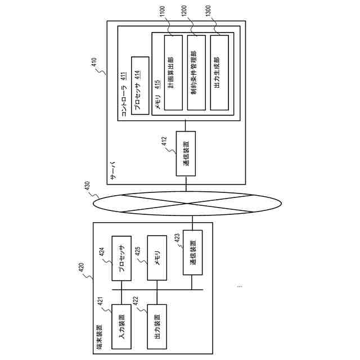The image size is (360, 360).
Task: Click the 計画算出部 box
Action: click(x=173, y=72)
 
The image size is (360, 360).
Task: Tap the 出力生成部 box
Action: click(x=219, y=72)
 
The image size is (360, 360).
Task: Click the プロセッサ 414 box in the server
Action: click(x=139, y=85)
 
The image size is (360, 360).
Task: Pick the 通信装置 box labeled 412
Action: click(x=186, y=154)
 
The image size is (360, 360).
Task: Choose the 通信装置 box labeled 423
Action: click(x=192, y=252)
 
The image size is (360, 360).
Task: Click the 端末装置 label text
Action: click(x=100, y=336)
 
